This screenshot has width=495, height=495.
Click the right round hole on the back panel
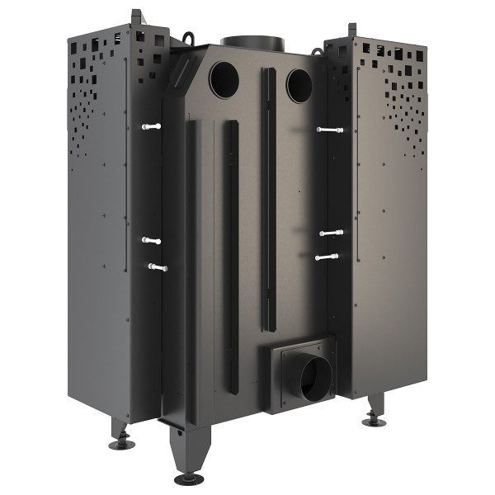299,85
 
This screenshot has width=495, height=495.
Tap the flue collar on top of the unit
252,43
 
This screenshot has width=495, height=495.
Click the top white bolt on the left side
151,126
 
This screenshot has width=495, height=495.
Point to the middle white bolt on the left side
151,240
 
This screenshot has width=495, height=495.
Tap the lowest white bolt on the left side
157,267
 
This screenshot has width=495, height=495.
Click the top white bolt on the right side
329,130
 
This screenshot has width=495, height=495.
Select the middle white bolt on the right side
331,233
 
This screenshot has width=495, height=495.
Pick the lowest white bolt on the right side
327,257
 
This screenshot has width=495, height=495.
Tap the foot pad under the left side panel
122,444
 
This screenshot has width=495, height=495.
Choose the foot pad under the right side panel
374,422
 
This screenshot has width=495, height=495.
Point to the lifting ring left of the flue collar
191,37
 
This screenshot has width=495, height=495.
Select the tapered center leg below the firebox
185,450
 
